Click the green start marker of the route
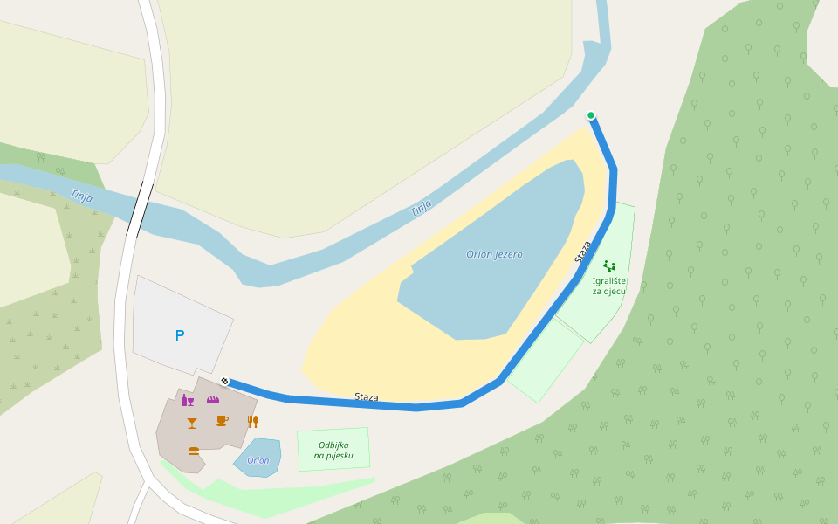coord(591,115)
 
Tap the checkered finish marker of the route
coord(225,381)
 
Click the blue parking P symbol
coord(180,335)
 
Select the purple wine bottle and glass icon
coord(188,401)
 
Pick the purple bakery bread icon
coord(213,399)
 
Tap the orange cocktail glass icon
coord(192,423)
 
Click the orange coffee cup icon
coord(222,421)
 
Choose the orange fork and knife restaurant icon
coord(253,421)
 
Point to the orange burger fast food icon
coord(194,451)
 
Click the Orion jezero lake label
coord(494,254)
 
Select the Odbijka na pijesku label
coord(333,450)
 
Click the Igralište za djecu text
coord(608,286)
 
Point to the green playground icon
coord(609,265)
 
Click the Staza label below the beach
coord(367,397)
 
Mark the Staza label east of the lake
coord(583,252)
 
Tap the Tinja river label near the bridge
coord(81,196)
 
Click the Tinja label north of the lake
coord(421,208)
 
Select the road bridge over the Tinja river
coord(140,210)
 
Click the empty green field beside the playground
coord(546,360)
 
